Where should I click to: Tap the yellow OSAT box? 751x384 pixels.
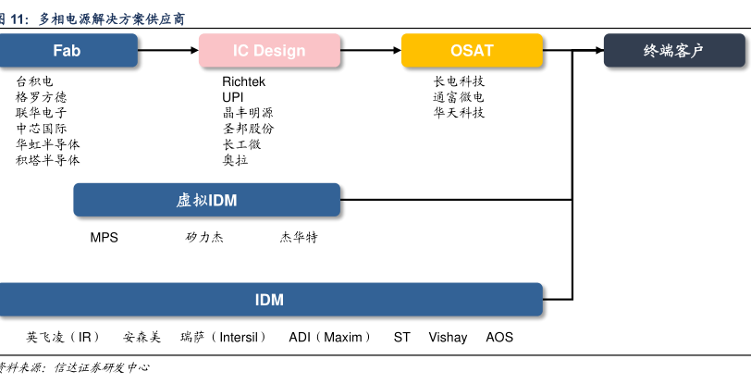click(472, 50)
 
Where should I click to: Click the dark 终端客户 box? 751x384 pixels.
click(673, 50)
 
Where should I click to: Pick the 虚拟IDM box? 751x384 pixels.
click(206, 200)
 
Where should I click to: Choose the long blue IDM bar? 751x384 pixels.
click(269, 300)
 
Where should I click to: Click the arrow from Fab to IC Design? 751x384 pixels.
click(168, 50)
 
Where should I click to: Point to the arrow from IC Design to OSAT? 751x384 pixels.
click(370, 50)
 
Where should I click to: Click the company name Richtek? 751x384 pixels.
click(243, 81)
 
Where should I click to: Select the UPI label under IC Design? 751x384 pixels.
click(232, 97)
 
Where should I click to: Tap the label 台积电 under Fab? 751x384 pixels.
click(34, 81)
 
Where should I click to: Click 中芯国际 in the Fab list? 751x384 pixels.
click(41, 129)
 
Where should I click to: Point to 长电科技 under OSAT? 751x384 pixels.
click(459, 81)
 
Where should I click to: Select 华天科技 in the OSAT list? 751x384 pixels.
click(459, 113)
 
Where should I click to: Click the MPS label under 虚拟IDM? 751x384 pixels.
click(104, 237)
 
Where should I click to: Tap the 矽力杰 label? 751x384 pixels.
click(204, 237)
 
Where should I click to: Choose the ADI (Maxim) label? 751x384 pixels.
click(329, 338)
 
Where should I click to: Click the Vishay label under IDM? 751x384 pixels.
click(448, 338)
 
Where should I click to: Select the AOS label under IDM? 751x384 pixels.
click(499, 338)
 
